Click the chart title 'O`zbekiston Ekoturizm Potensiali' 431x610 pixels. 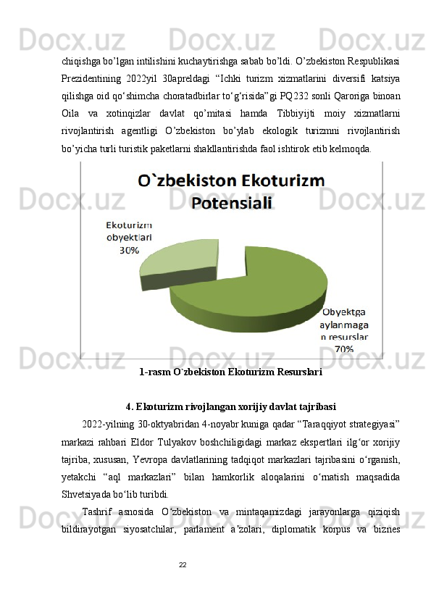232,191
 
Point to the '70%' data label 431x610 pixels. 343,348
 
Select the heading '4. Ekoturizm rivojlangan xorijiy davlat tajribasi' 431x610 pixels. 230,405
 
